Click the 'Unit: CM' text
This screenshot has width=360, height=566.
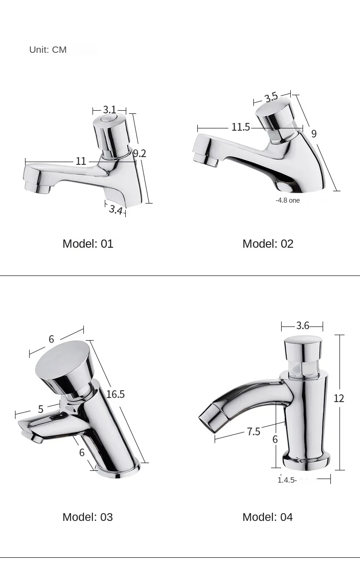[x=48, y=50]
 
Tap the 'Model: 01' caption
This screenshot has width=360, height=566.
[x=88, y=244]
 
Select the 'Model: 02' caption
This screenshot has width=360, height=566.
[x=268, y=244]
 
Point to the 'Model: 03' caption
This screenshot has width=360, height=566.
[x=88, y=517]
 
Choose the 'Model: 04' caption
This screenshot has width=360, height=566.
[x=268, y=517]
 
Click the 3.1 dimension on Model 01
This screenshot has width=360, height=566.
[x=109, y=110]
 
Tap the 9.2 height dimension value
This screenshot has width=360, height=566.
[x=139, y=153]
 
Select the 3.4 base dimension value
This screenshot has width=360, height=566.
[x=116, y=210]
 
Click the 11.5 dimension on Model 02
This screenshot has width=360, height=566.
[x=241, y=127]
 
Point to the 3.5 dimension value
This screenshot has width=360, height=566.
[x=271, y=97]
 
